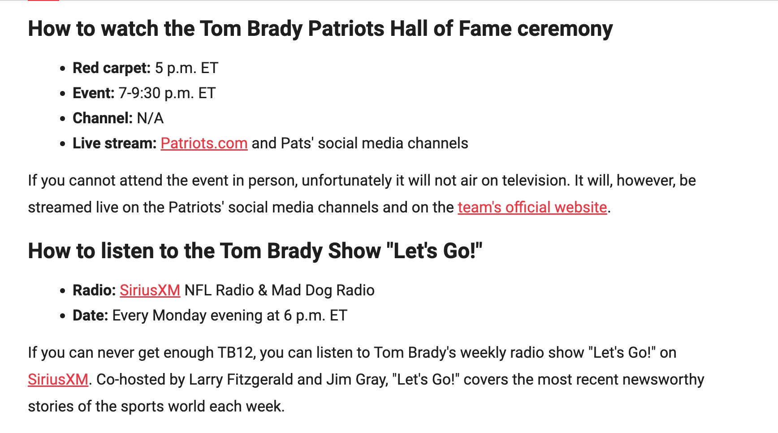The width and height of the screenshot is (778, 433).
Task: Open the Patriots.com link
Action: coord(204,143)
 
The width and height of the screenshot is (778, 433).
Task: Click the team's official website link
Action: coord(532,208)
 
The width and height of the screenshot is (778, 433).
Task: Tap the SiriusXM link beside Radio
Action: coord(150,290)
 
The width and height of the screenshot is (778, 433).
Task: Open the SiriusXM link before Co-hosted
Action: coord(58,380)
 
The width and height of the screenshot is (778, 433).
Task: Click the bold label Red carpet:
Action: coord(112,68)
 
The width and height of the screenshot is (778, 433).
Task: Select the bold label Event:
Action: coord(94,93)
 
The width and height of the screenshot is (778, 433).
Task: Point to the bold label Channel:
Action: coord(103,118)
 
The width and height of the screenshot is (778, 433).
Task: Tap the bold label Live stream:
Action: coord(114,143)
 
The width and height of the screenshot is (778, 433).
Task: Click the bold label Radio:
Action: coord(94,290)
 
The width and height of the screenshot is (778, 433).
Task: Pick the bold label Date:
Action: coord(90,316)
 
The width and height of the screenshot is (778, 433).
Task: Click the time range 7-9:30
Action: coord(139,93)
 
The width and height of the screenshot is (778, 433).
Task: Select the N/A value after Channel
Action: coord(150,118)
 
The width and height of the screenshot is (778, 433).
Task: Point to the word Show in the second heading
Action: coord(354,251)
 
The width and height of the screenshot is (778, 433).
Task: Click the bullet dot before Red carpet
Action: coord(62,69)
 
